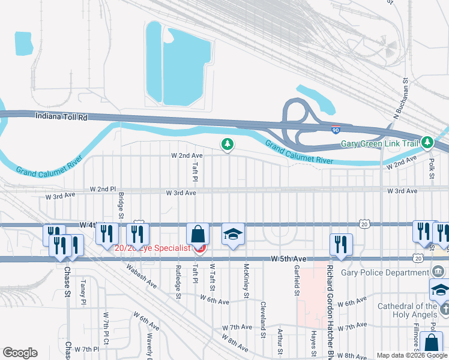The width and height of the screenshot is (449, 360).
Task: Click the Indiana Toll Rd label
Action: click(x=61, y=118)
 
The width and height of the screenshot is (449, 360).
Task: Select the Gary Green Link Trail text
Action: click(x=379, y=144)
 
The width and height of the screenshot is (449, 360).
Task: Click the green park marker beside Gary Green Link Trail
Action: click(x=427, y=143)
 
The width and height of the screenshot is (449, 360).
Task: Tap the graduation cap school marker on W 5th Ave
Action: click(x=234, y=235)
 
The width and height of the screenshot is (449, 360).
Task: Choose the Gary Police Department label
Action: click(x=383, y=272)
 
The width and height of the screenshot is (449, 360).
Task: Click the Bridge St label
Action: click(x=121, y=205)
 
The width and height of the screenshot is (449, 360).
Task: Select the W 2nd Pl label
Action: click(x=103, y=189)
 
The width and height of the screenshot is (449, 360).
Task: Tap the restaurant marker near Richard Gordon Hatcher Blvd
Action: click(x=340, y=244)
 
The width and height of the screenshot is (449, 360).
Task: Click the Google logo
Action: click(x=20, y=353)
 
